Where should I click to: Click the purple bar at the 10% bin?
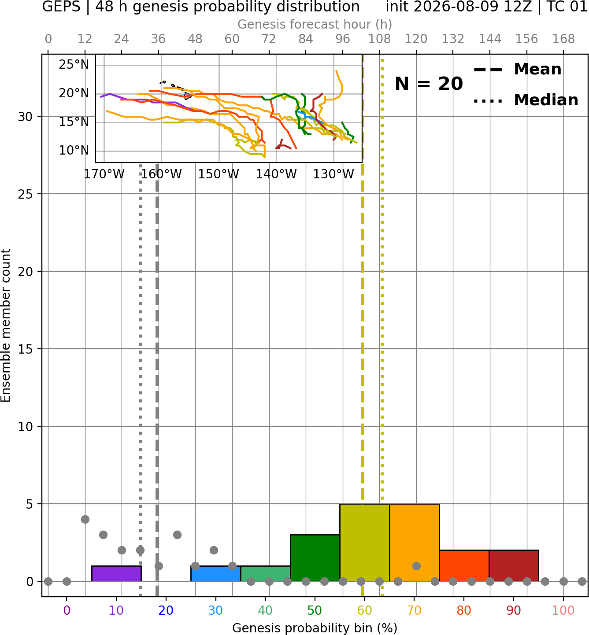[x=116, y=573]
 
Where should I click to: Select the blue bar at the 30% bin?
[x=215, y=573]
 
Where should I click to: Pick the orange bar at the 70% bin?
[x=414, y=543]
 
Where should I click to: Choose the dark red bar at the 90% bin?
[x=514, y=565]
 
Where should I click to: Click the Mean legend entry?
[x=517, y=70]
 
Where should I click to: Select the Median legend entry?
[x=526, y=100]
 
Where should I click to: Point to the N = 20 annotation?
[x=429, y=84]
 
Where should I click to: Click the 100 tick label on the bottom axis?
[x=563, y=611]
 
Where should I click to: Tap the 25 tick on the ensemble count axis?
[x=26, y=194]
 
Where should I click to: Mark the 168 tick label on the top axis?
[x=563, y=39]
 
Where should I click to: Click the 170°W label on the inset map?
[x=104, y=174]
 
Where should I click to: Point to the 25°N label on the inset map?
[x=74, y=65]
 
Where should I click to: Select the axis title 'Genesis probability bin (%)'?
[x=315, y=628]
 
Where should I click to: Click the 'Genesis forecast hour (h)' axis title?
[x=315, y=24]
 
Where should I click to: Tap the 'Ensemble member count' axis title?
[x=6, y=325]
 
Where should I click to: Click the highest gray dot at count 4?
[x=85, y=519]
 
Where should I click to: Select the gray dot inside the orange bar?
[x=416, y=566]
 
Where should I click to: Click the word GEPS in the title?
[x=61, y=7]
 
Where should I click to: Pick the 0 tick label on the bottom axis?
[x=67, y=611]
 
